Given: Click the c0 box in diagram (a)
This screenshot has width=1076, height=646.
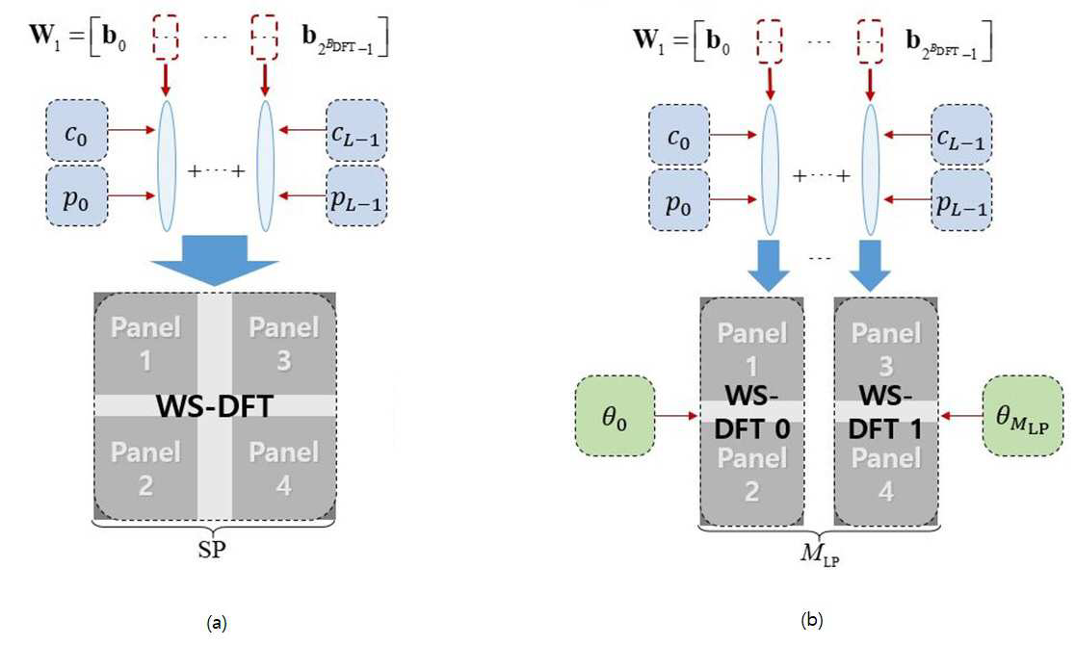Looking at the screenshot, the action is (77, 130).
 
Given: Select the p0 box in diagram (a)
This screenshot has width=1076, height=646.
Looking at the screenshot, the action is (77, 196).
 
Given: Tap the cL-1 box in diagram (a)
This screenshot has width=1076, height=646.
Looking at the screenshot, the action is (356, 130).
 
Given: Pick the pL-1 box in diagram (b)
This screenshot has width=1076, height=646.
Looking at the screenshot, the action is (960, 200).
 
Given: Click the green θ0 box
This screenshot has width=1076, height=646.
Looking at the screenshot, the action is (615, 416).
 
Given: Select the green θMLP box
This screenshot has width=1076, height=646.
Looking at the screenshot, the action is (1023, 416).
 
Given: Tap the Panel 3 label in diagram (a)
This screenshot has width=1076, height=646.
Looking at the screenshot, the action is (283, 344).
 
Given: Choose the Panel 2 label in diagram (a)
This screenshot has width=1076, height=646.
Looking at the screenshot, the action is (145, 469).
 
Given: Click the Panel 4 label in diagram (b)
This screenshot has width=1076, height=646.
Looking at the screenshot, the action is (886, 474).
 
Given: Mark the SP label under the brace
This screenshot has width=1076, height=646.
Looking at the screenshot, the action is (213, 550).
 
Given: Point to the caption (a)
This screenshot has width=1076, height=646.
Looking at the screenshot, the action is (216, 623).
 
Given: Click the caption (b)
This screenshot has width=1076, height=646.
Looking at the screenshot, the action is (812, 621).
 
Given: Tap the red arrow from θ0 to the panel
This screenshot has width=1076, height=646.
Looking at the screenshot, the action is (676, 416).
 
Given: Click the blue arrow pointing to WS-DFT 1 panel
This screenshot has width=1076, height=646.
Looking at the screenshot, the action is (870, 266).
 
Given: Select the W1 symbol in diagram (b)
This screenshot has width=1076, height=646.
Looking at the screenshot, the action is (649, 40).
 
